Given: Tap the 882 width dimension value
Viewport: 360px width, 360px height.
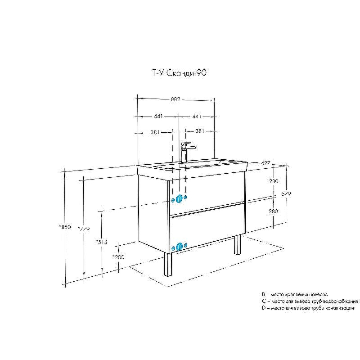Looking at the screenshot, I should pos(175,99).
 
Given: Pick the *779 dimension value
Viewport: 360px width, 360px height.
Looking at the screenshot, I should pos(83,229).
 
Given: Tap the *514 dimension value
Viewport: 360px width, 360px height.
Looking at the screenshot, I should pos(101,242).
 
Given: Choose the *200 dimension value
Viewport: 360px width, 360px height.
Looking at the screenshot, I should pos(118,257).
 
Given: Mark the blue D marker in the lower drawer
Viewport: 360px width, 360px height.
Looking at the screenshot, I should pos(180,246).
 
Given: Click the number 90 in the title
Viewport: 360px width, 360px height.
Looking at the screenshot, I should pos(201,74).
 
